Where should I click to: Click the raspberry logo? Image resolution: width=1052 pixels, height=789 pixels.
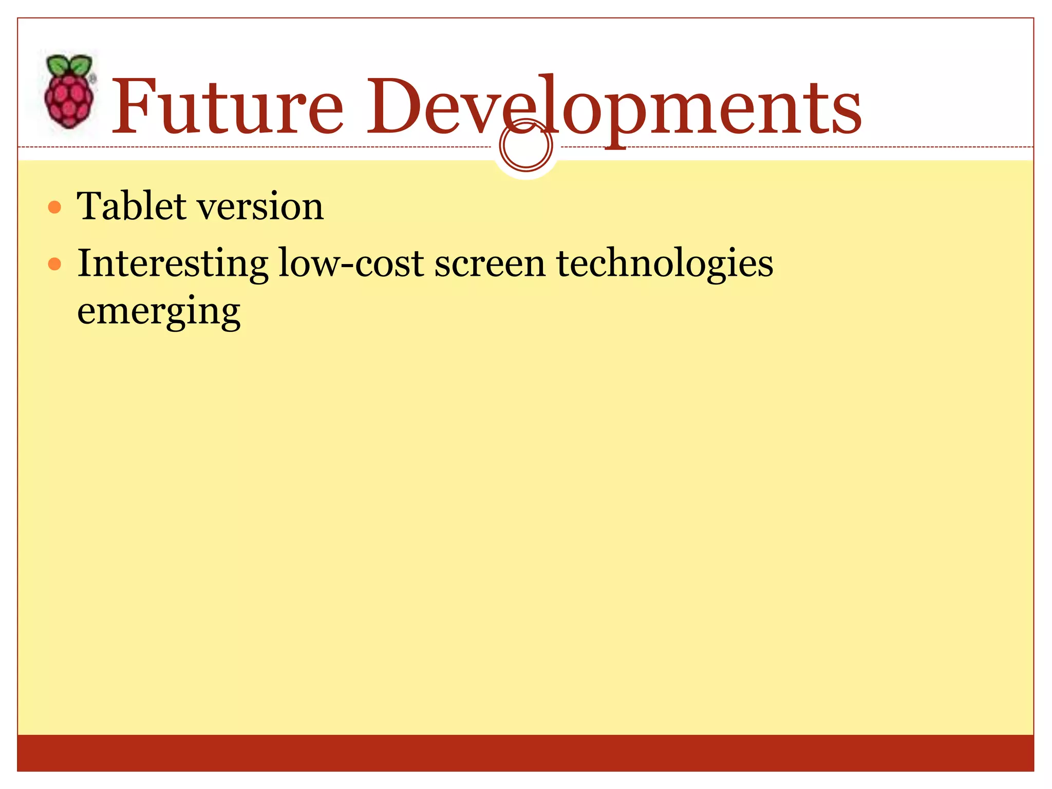(69, 92)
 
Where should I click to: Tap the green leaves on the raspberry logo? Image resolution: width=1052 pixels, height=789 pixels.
(69, 66)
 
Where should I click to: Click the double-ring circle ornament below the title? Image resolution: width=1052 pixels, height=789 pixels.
(525, 146)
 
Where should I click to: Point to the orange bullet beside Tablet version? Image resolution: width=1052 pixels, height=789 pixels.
(54, 208)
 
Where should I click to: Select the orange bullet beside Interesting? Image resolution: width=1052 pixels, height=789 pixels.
(54, 265)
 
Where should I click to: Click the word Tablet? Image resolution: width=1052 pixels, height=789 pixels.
(131, 206)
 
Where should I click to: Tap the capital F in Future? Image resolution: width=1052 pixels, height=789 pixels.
(135, 106)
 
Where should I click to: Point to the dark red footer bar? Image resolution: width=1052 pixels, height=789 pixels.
(525, 753)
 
